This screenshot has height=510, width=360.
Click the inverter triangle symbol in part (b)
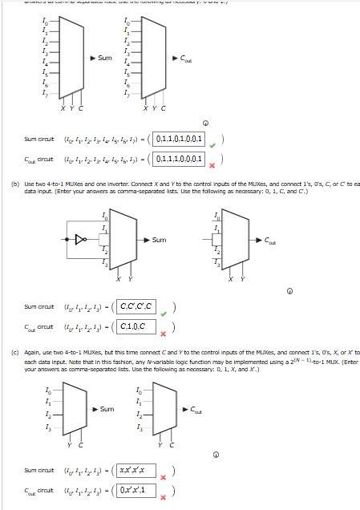point(79,238)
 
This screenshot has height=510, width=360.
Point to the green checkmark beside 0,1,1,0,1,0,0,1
point(212,146)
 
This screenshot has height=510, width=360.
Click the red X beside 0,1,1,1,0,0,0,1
point(212,166)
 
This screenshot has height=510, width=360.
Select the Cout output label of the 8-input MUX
point(185,58)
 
